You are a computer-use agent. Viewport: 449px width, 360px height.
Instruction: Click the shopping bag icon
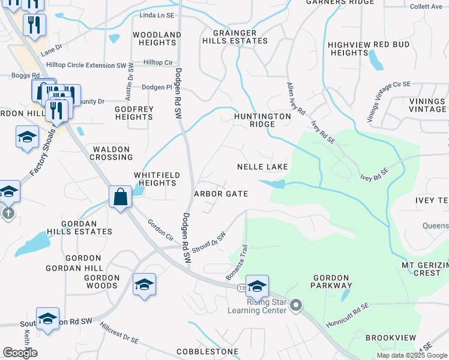121,196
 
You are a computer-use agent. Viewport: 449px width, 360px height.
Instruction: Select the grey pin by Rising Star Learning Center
295,307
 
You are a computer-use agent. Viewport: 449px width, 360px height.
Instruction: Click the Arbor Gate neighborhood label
221,194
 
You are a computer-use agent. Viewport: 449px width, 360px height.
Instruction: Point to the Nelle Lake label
263,166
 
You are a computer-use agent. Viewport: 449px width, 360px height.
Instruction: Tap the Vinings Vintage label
428,105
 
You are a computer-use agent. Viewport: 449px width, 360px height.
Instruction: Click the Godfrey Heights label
134,113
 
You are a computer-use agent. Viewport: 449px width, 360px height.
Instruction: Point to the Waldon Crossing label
111,153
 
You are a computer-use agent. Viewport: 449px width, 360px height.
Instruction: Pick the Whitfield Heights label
156,178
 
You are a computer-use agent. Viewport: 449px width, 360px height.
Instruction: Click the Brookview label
390,338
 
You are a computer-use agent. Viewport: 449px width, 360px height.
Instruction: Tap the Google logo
20,352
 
